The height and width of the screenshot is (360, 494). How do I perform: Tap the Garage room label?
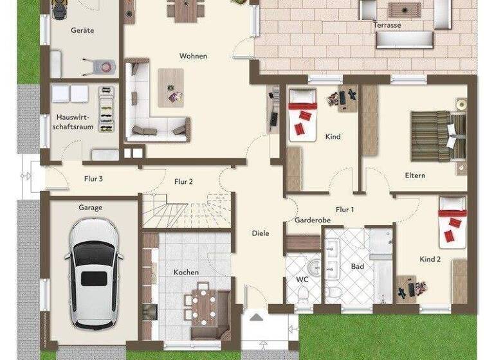91,208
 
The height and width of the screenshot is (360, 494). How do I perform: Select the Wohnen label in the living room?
193,56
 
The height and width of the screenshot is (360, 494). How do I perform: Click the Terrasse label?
387,25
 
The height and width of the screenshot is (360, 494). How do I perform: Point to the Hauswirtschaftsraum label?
75,122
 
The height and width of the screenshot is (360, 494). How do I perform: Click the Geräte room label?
83,30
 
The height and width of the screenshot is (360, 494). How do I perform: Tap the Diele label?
261,233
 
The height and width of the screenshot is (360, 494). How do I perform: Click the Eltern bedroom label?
415,175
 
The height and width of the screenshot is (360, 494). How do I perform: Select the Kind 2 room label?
430,259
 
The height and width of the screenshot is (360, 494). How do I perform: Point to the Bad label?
358,266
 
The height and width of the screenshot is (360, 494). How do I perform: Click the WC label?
302,280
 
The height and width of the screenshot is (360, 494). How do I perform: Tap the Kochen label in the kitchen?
186,272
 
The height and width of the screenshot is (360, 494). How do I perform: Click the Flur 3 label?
93,179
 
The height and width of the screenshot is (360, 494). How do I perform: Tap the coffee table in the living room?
170,87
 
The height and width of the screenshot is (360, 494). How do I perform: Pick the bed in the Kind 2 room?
453,222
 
